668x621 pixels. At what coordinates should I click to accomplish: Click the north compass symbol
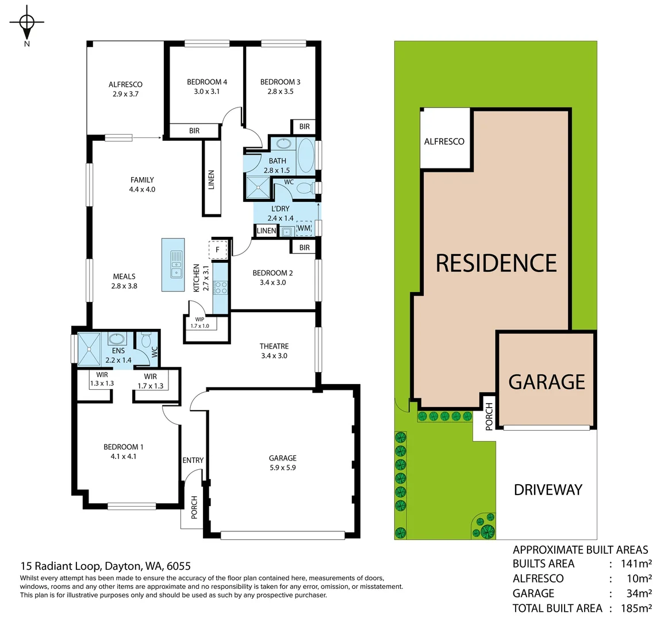click(x=26, y=23)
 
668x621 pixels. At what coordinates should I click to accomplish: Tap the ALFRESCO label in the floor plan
click(x=125, y=85)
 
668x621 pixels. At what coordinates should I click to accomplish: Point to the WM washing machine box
click(x=304, y=229)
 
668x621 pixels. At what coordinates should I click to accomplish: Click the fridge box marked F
click(x=218, y=250)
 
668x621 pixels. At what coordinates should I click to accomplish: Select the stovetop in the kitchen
click(x=220, y=287)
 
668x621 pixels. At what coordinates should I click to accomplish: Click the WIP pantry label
click(x=199, y=319)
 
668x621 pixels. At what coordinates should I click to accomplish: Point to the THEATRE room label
click(x=274, y=346)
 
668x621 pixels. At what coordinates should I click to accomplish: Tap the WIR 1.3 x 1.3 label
click(x=102, y=379)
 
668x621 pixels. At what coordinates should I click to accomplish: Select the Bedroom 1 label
click(x=124, y=447)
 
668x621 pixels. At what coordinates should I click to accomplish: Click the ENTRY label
click(x=193, y=460)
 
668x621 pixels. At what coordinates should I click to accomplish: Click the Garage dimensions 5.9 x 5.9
click(x=282, y=467)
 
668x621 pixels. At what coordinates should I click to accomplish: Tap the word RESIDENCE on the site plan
click(x=496, y=263)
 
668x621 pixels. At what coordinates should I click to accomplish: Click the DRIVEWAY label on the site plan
click(x=548, y=490)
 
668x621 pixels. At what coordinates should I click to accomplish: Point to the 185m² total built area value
click(x=636, y=608)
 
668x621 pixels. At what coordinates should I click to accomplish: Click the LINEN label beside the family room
click(x=211, y=180)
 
